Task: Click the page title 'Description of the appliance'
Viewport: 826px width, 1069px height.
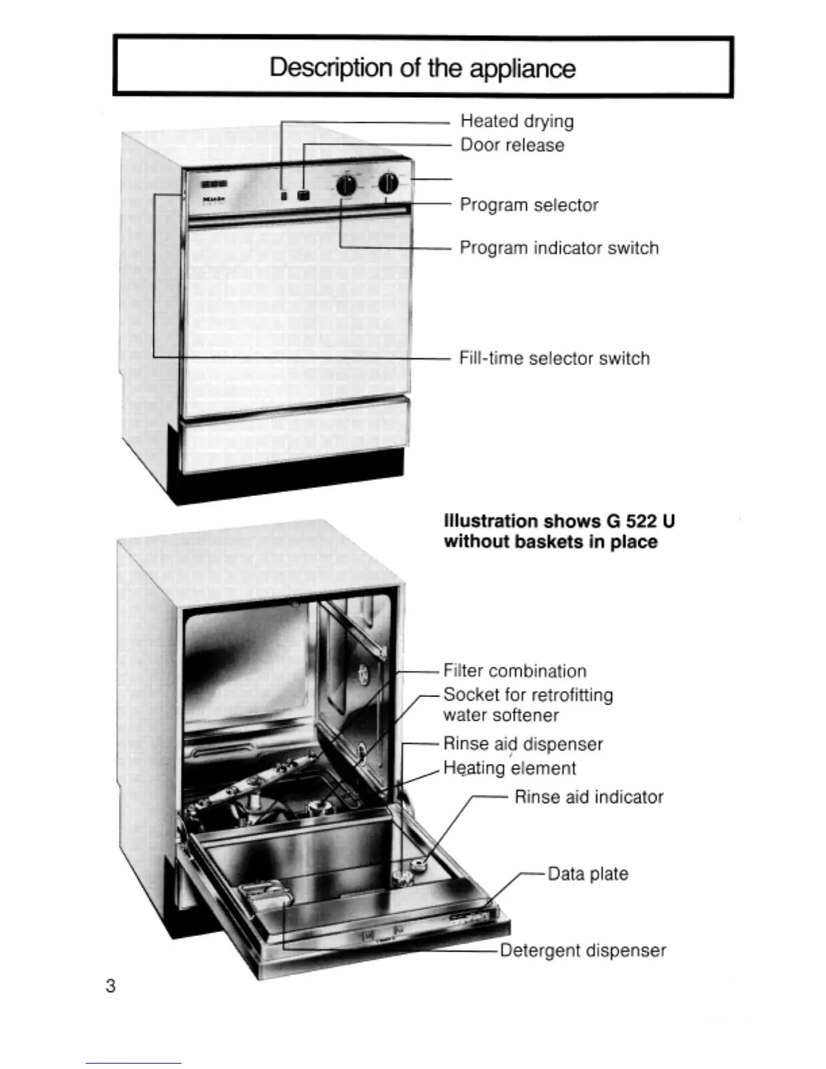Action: tap(422, 68)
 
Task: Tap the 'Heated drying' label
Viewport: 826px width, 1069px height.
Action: tap(517, 121)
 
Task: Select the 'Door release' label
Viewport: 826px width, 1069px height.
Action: tap(512, 145)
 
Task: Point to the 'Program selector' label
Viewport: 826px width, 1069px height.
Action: tap(529, 205)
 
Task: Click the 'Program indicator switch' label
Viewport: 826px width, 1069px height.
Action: tap(559, 248)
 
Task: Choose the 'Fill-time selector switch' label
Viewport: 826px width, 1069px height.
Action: tap(554, 358)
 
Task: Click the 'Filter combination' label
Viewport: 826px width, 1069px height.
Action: tap(515, 671)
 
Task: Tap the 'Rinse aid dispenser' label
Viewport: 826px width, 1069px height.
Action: tap(523, 744)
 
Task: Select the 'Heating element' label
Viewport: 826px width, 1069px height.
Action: tap(510, 769)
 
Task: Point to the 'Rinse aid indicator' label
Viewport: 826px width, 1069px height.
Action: tap(588, 798)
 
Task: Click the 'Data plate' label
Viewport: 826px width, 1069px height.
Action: tap(588, 874)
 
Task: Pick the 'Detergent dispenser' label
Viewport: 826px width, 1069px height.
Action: tap(583, 951)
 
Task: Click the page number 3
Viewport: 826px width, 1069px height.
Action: tap(111, 986)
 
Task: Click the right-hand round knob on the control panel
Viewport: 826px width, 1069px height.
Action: tap(387, 183)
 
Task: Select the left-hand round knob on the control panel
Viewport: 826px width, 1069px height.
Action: tap(346, 185)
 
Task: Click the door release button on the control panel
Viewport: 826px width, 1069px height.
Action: tap(304, 195)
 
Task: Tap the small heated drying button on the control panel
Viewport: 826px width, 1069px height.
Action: tap(284, 196)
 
